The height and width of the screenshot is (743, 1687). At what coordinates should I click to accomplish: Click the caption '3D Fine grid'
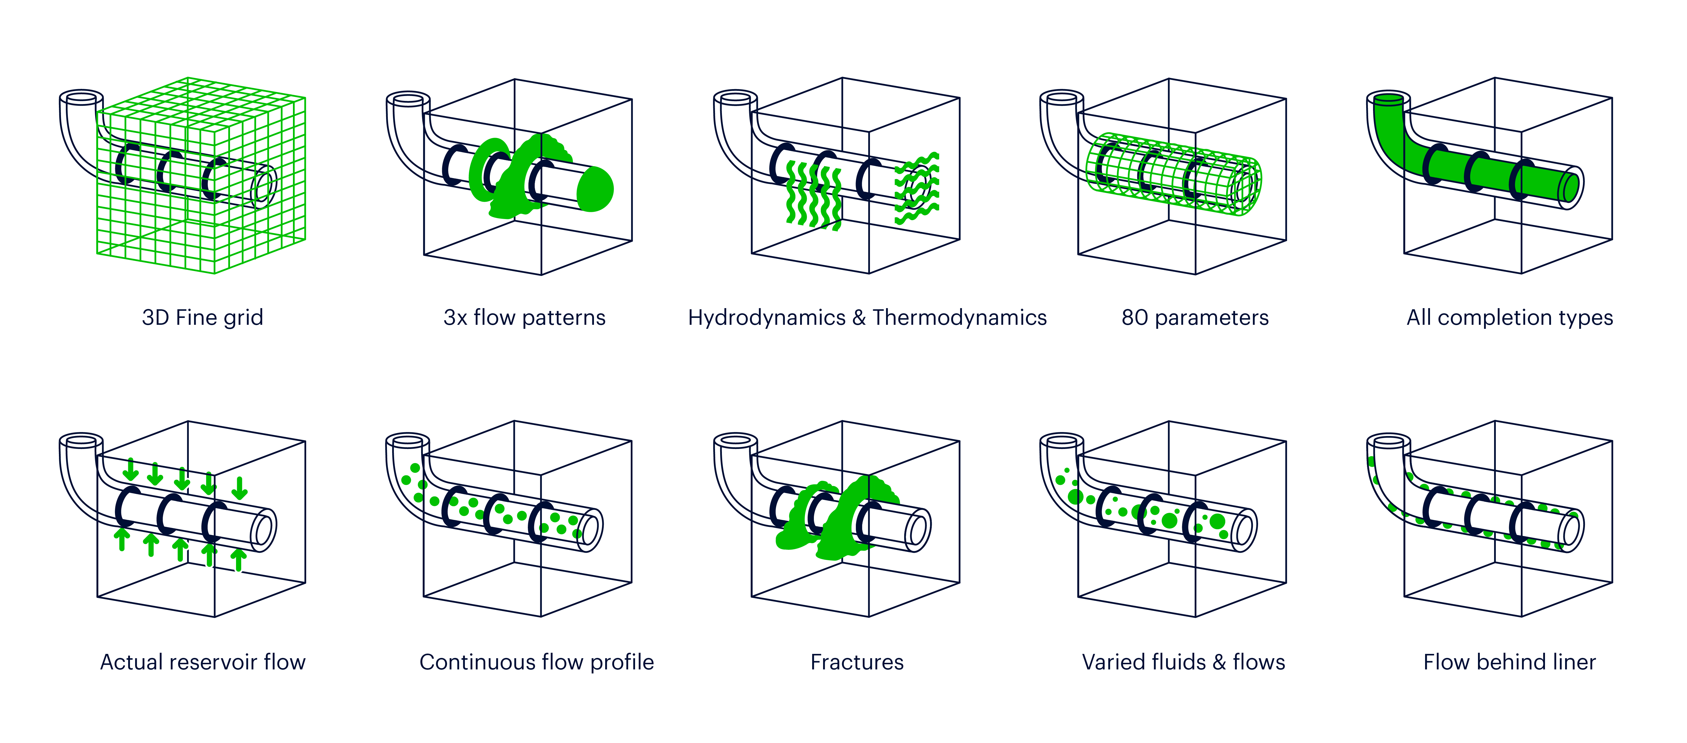tap(202, 318)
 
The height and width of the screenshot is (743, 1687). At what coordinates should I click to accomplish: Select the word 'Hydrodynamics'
tap(766, 318)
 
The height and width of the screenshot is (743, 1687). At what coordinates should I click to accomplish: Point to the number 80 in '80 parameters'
tap(1134, 318)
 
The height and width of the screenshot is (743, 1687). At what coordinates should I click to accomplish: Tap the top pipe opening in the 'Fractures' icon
tap(735, 441)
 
